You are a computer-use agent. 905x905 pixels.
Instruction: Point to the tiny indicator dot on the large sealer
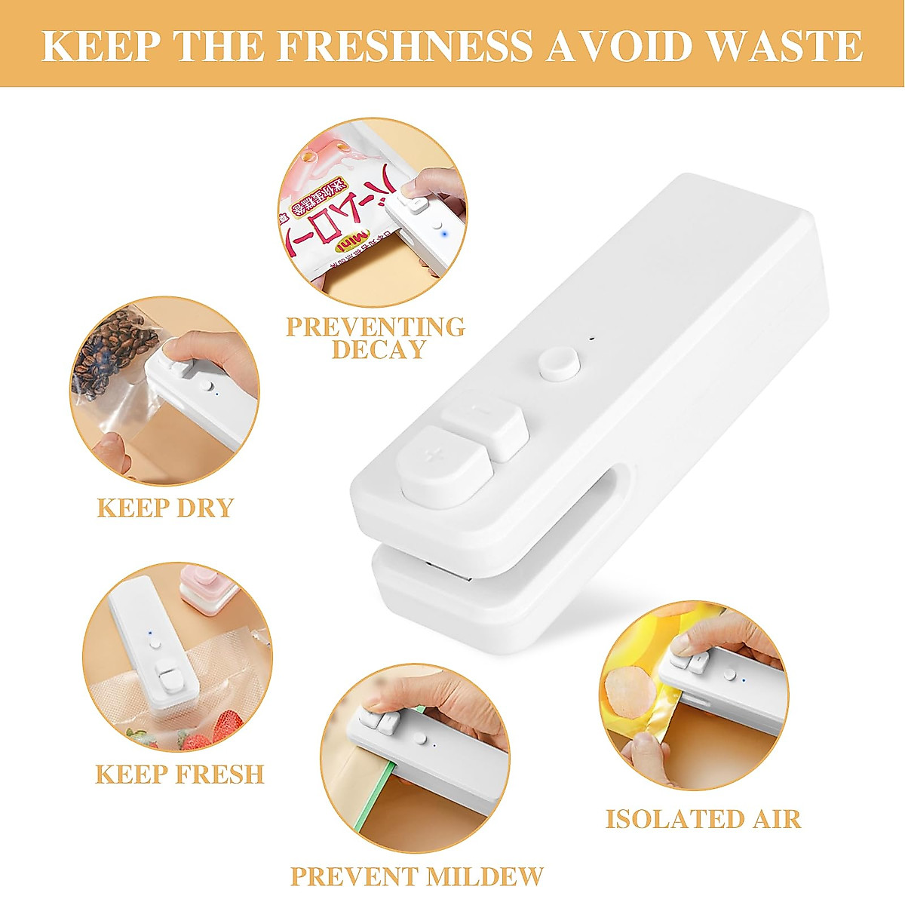(x=592, y=338)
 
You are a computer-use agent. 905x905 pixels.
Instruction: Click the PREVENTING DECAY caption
(x=376, y=338)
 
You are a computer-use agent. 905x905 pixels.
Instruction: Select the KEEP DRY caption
(x=165, y=508)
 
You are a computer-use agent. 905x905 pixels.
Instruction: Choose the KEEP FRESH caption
(x=179, y=775)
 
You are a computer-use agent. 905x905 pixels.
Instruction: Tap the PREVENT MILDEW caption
(x=416, y=876)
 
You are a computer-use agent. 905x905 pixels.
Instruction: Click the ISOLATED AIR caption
(x=703, y=819)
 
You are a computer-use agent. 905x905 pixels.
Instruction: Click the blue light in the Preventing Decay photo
(x=446, y=235)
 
